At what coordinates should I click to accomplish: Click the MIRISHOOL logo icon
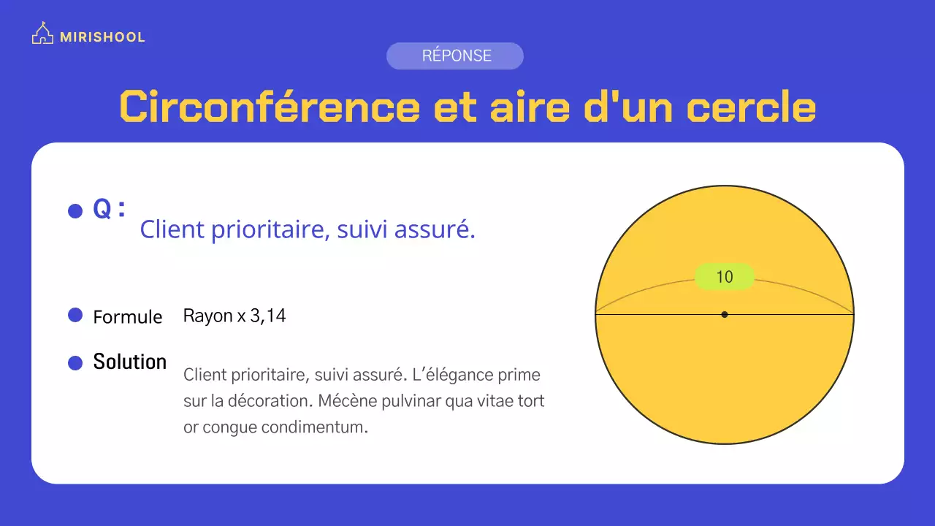point(42,34)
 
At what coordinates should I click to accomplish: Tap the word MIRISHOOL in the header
point(102,37)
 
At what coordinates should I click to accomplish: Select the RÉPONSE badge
point(455,56)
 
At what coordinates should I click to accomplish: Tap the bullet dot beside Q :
point(75,211)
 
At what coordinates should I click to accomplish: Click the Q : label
point(110,210)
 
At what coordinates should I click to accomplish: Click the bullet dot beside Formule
point(75,316)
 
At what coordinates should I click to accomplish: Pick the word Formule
point(128,317)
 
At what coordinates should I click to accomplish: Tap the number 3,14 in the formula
point(268,316)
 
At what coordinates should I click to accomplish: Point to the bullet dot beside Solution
point(75,362)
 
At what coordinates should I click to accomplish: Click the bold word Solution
point(130,362)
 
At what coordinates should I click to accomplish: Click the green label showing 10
point(724,277)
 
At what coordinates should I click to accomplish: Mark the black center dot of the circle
point(724,315)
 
